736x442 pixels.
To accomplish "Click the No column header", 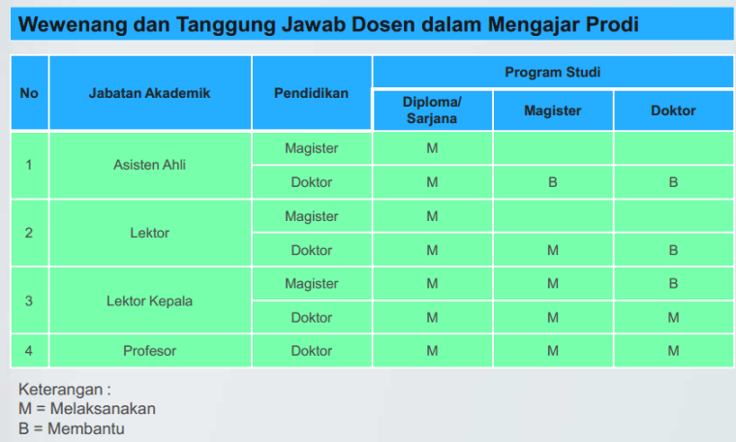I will [x=29, y=93].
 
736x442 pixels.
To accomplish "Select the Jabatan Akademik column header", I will [x=149, y=93].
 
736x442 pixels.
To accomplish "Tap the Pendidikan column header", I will [x=311, y=93].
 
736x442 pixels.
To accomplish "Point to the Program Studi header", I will [x=552, y=72].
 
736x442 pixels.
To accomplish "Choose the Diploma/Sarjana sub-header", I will [x=432, y=110].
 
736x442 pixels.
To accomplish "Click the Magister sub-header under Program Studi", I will [x=552, y=110].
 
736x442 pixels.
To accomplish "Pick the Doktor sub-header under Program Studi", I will [x=673, y=110].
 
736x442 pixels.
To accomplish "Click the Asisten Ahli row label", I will [x=149, y=165].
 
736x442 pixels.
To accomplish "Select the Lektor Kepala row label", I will [x=149, y=300].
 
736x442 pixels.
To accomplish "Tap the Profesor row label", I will [x=149, y=351].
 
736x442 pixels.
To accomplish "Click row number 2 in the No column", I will [x=29, y=233].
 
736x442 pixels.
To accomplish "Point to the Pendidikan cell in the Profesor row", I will [x=311, y=351].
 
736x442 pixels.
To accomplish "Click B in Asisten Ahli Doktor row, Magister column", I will [x=552, y=182].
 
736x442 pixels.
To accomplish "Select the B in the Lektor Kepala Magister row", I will [x=673, y=284].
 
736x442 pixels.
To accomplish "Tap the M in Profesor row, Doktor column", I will [x=673, y=351].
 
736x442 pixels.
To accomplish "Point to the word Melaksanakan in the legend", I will [x=102, y=409].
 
